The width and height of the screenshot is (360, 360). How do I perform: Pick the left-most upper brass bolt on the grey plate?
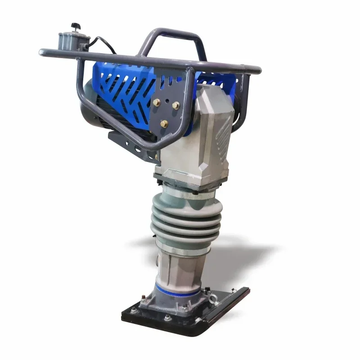pyautogui.click(x=157, y=103)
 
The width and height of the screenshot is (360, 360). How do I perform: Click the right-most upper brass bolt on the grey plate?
pyautogui.click(x=175, y=106)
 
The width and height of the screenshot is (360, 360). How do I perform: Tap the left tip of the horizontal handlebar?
pyautogui.click(x=41, y=53)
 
